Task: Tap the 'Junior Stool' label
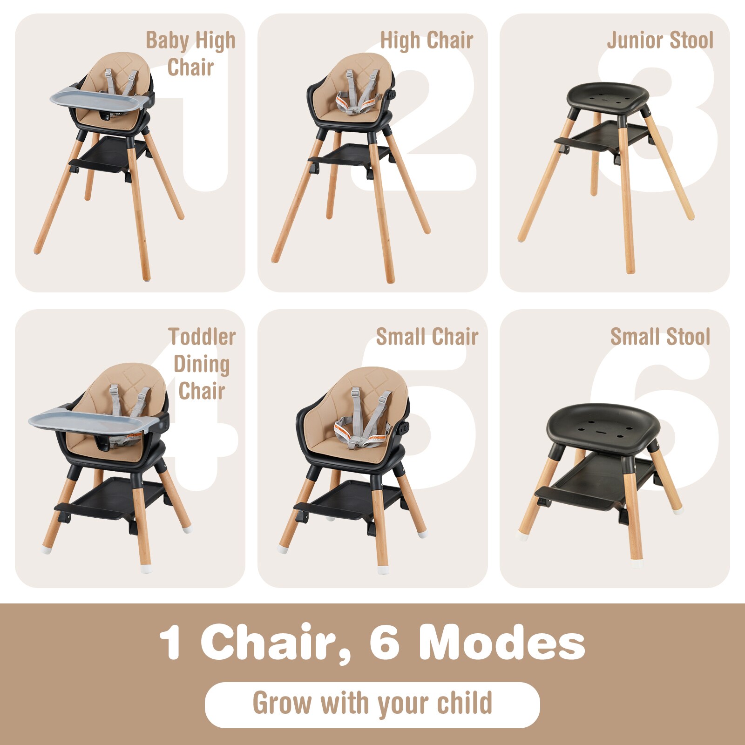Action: click(660, 41)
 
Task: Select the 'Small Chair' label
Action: click(427, 337)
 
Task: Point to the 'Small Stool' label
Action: click(660, 337)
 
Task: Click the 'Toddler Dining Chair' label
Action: click(202, 364)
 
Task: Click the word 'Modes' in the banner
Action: click(501, 643)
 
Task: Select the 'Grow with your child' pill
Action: click(372, 704)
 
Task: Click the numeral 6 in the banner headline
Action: click(385, 643)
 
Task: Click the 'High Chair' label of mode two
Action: click(427, 41)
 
